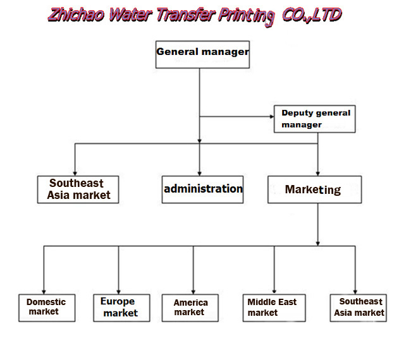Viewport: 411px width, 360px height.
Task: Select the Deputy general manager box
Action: (315, 119)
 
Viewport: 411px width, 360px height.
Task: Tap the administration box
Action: (202, 189)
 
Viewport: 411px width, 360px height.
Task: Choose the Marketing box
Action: (314, 189)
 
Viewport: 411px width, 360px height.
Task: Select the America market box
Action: (190, 307)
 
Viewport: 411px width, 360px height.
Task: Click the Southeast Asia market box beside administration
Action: (77, 189)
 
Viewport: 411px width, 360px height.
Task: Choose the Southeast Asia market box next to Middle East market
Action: (359, 307)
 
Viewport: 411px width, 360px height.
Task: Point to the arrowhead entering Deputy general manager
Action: (269, 117)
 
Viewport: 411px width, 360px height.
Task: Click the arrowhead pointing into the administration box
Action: (200, 173)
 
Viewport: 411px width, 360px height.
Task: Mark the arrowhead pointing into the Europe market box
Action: (119, 289)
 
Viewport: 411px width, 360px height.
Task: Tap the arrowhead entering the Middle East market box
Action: (274, 289)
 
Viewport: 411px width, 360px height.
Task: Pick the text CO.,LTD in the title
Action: (310, 14)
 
